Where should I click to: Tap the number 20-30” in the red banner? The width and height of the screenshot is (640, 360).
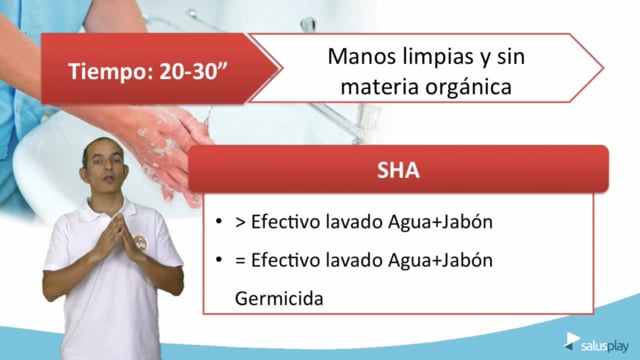(x=193, y=70)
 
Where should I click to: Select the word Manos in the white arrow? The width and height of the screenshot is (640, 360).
(x=362, y=56)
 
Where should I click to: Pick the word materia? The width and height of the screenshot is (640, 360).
(x=380, y=87)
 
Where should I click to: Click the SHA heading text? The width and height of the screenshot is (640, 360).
(x=398, y=170)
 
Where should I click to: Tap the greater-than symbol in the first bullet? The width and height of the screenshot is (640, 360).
(x=240, y=223)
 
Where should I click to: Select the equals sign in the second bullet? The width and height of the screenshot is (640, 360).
(x=240, y=261)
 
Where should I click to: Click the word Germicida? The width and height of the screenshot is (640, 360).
(x=279, y=299)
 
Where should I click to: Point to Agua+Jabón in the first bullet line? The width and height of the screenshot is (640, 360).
(x=440, y=222)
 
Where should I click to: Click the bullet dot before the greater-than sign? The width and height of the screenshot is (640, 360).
(x=219, y=222)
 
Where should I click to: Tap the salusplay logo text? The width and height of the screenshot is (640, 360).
(x=605, y=347)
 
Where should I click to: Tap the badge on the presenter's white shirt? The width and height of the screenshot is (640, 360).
(x=140, y=242)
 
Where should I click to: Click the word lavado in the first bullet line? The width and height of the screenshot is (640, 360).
(x=354, y=222)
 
